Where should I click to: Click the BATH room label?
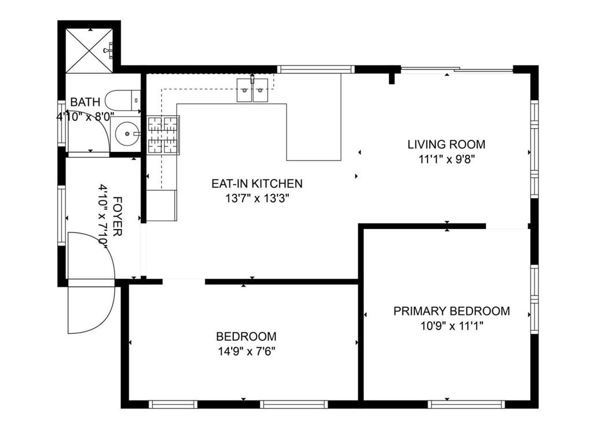tap(85, 103)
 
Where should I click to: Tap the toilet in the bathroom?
tap(125, 100)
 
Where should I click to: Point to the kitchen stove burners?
tap(163, 135)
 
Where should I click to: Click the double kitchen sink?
tap(252, 90)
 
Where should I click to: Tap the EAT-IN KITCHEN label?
tap(257, 184)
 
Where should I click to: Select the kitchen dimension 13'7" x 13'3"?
tap(257, 198)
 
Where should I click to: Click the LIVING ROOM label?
tap(446, 144)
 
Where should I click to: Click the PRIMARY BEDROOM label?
tap(452, 311)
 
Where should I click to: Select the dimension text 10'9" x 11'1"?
tap(452, 326)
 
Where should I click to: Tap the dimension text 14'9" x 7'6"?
tap(246, 351)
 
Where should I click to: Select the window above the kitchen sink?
tap(316, 69)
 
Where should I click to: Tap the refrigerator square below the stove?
tap(162, 206)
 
